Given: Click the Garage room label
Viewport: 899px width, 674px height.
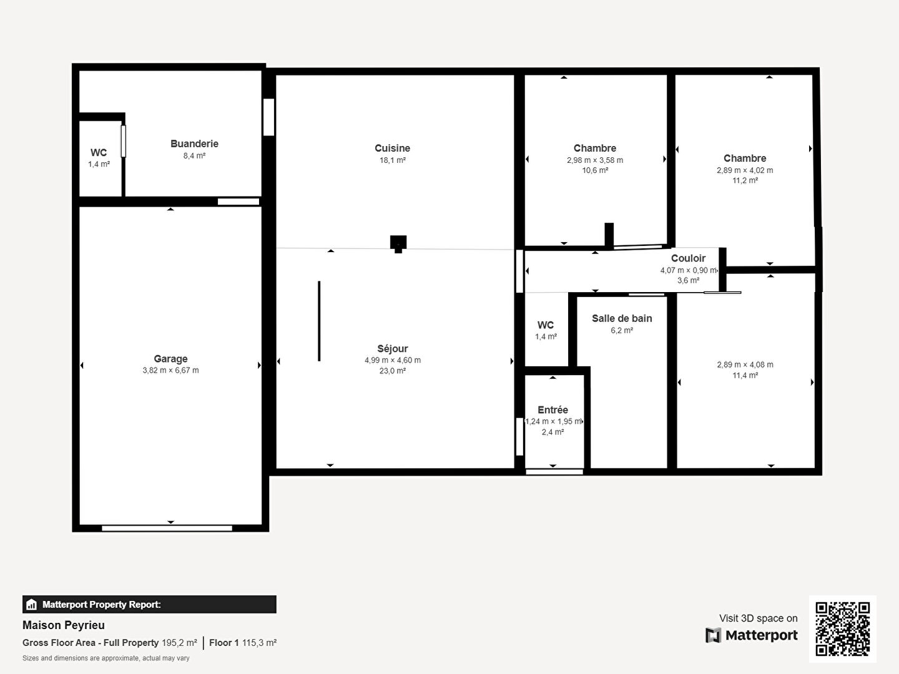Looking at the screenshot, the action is [170, 359].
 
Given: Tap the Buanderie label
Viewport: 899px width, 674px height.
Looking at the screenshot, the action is [194, 144].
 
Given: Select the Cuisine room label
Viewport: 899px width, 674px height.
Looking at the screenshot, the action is [392, 148].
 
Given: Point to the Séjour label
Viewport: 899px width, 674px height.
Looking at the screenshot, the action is [392, 349].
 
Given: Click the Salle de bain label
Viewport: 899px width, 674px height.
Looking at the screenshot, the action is [622, 318].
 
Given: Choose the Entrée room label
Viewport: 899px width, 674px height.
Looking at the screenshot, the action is [553, 409].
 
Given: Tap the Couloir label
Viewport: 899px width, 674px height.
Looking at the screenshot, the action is [688, 258].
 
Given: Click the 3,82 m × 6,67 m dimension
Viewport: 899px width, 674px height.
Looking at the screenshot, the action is [170, 370].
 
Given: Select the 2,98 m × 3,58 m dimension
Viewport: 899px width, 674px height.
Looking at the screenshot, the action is [595, 160].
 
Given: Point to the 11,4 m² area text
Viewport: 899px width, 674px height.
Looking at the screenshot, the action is [745, 375].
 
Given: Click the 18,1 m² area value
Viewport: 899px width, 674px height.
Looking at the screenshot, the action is [392, 160].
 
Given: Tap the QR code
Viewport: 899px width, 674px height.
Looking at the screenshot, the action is [842, 629].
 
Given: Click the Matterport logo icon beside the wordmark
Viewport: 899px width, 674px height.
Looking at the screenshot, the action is [713, 635].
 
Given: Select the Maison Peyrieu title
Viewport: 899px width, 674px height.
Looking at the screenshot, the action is [64, 625].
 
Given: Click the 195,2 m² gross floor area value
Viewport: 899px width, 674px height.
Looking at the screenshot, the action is [179, 643].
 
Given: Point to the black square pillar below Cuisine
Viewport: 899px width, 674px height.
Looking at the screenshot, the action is [398, 243].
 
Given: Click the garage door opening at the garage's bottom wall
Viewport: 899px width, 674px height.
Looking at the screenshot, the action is [167, 529].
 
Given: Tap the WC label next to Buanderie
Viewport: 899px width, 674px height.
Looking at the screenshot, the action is [99, 153].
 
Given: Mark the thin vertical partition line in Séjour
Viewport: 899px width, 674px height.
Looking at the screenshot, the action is [319, 321].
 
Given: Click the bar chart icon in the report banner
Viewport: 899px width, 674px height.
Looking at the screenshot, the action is [32, 605].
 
